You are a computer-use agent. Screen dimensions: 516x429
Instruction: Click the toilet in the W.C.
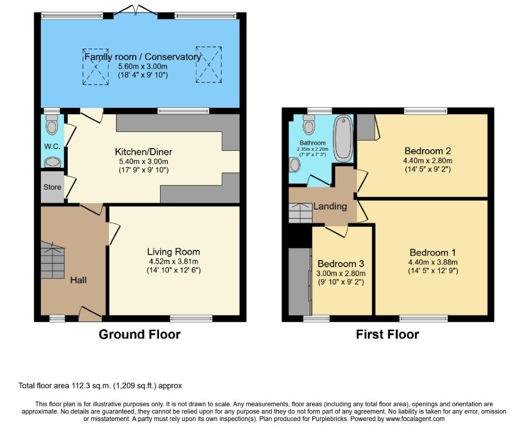click(x=52, y=124)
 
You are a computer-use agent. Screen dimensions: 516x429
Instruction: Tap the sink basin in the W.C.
click(x=52, y=162)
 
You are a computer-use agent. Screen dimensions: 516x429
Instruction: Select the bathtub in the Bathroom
click(x=343, y=138)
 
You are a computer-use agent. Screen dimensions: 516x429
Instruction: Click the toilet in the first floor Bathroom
click(x=309, y=124)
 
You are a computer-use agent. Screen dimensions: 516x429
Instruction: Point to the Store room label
click(x=52, y=187)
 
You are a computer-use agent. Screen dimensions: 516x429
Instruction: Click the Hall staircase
click(x=52, y=260)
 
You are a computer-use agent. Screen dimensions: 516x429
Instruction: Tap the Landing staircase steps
click(x=301, y=213)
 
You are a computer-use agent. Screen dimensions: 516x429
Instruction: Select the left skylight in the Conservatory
click(x=96, y=66)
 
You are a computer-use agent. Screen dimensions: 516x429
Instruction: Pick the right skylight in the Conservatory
click(x=209, y=65)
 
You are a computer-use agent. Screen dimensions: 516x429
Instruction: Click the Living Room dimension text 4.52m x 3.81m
click(x=173, y=262)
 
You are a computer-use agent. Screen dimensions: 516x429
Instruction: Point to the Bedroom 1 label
click(x=433, y=253)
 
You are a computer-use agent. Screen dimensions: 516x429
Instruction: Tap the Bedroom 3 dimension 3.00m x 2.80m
click(x=341, y=273)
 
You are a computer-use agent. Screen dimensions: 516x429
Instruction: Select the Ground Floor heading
click(x=140, y=334)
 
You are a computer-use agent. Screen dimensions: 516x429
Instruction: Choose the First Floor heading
click(x=387, y=334)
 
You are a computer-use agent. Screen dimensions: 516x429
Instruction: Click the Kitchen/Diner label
click(x=143, y=152)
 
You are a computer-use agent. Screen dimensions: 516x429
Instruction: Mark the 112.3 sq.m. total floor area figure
click(x=91, y=386)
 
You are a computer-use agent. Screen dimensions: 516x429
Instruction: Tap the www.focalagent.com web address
click(x=415, y=419)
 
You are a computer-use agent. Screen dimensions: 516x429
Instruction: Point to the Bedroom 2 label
click(x=427, y=151)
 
